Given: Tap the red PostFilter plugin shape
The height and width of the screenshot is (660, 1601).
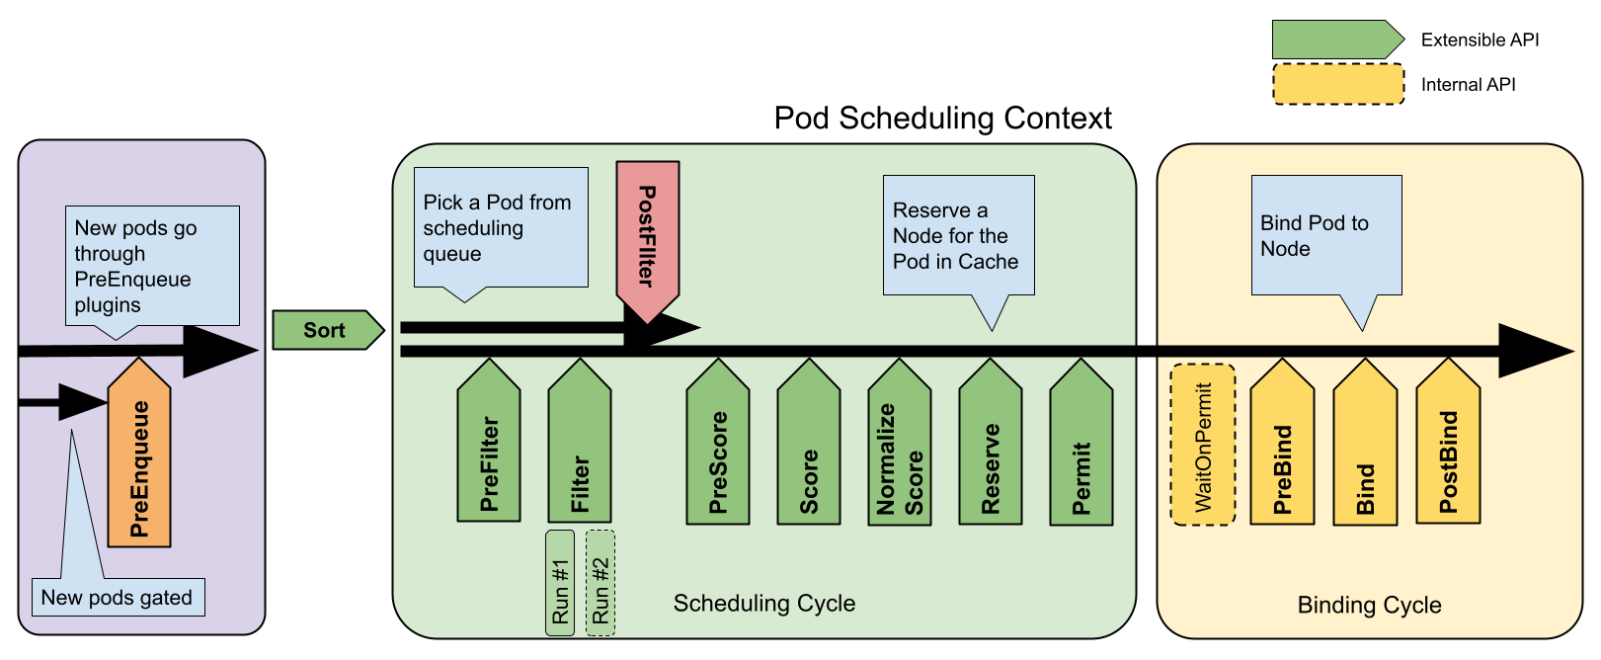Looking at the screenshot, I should click(648, 237).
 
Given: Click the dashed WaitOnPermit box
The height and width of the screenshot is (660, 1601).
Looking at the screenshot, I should click(1203, 445).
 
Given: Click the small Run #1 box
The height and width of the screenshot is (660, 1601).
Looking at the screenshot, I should click(560, 583).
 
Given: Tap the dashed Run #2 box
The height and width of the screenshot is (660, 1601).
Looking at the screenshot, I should click(600, 583).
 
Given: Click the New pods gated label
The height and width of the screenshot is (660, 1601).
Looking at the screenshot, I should click(118, 598).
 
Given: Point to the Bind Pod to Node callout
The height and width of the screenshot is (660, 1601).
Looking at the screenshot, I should click(1325, 235).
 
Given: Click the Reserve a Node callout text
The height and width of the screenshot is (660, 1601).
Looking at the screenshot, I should click(956, 235).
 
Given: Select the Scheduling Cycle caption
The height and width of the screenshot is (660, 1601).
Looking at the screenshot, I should click(763, 604).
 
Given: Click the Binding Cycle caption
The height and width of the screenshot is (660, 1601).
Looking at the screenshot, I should click(1369, 605).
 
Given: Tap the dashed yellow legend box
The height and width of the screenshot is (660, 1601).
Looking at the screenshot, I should click(1337, 84).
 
